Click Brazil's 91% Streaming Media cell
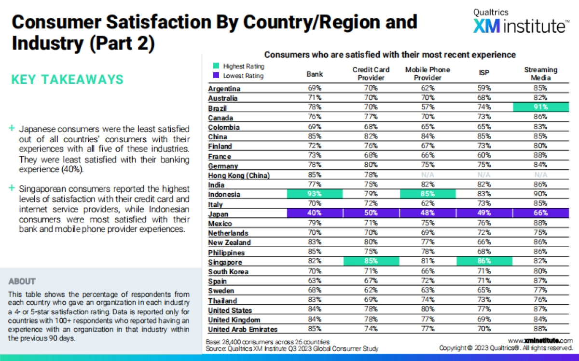tap(540, 108)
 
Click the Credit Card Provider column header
tap(371, 74)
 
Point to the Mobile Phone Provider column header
tap(427, 74)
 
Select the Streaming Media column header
tap(540, 74)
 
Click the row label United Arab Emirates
tap(243, 330)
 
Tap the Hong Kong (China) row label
tap(239, 175)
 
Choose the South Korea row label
tap(228, 272)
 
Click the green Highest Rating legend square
tap(216, 67)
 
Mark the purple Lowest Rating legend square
tap(216, 76)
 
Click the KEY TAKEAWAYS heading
tap(67, 80)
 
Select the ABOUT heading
tap(22, 281)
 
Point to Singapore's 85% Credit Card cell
tap(371, 262)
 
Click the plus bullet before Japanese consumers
tap(12, 129)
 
